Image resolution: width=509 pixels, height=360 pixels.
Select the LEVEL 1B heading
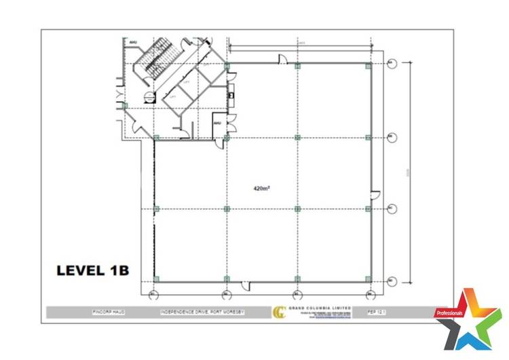pos(92,270)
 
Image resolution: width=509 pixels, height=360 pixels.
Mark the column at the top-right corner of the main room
pos(368,66)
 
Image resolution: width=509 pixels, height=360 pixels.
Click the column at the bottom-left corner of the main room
pos(156,278)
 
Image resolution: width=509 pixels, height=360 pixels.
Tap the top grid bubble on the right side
pos(391,64)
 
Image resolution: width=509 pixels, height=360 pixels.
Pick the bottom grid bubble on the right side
pos(391,280)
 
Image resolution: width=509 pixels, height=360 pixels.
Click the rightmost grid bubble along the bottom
pos(370,295)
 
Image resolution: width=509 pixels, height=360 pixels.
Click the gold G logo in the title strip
pos(278,313)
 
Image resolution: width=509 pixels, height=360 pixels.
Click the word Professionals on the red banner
pos(449,313)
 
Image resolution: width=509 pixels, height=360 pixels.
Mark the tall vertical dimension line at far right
pos(409,170)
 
